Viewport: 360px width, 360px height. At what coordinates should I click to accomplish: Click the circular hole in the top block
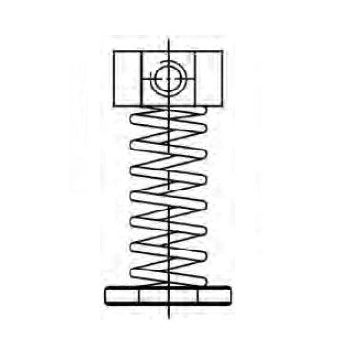click(x=167, y=77)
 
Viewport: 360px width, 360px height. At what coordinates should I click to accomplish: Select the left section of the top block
click(x=126, y=78)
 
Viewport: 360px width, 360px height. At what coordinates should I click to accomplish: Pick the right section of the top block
click(x=208, y=78)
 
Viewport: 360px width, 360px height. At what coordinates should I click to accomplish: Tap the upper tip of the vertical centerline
click(x=167, y=35)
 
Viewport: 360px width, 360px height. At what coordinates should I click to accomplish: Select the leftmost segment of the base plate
click(x=120, y=294)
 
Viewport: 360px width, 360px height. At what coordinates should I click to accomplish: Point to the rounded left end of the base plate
click(x=104, y=294)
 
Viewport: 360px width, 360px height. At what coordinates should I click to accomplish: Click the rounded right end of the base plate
click(x=231, y=294)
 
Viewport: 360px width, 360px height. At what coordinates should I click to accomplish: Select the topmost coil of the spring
click(x=167, y=111)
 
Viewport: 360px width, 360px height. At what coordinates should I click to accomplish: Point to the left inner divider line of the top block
click(x=140, y=78)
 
